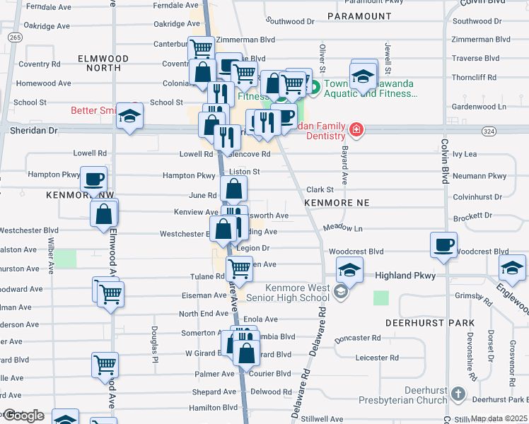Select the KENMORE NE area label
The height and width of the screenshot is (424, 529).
tap(337, 203)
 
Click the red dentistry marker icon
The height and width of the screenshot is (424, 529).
tap(356, 129)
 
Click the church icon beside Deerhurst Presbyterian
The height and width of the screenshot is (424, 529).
tap(458, 393)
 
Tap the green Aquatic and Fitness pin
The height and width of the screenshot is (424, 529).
tap(315, 88)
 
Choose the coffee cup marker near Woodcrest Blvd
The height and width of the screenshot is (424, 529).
tap(443, 245)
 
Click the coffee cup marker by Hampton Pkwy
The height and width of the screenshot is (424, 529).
tap(93, 178)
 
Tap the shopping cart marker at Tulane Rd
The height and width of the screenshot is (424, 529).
tap(240, 269)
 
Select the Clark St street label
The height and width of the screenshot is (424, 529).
tap(320, 189)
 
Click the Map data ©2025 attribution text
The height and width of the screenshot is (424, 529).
tap(499, 419)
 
